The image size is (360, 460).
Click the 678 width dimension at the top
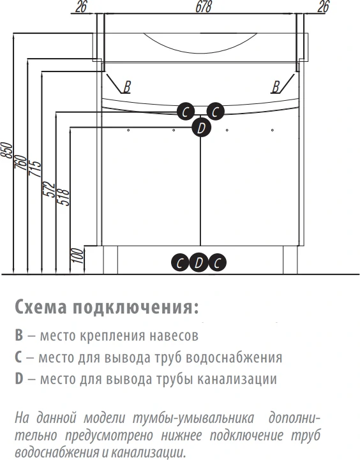tap(204, 6)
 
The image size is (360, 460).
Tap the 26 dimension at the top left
tap(80, 6)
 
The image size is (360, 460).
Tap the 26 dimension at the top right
tap(323, 6)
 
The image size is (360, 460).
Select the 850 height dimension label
tap(7, 150)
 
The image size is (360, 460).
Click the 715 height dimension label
tap(34, 168)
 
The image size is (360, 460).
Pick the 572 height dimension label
tap(49, 189)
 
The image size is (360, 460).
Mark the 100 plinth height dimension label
tap(77, 256)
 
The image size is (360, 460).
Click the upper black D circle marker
tap(201, 128)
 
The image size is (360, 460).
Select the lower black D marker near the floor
tap(199, 262)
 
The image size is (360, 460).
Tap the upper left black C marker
tap(186, 112)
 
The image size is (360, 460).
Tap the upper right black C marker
tap(215, 112)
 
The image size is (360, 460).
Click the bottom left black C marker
tap(180, 263)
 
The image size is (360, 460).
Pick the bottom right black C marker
tap(217, 263)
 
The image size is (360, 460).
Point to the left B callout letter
tap(127, 87)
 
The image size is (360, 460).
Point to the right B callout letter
tap(276, 87)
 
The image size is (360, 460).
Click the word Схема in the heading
tap(41, 307)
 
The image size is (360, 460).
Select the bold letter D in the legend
tap(19, 379)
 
